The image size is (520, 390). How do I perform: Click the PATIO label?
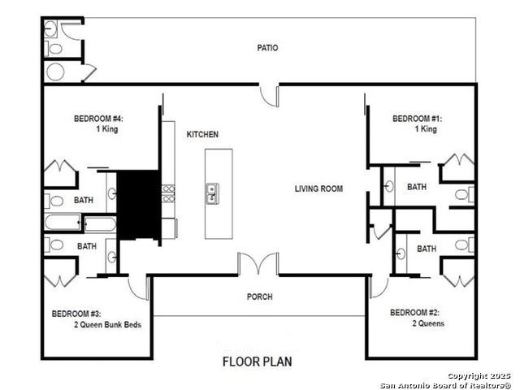[267, 48]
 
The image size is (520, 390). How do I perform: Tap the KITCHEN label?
[202, 134]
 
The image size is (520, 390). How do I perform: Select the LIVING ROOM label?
[318, 188]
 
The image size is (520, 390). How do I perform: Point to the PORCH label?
[260, 297]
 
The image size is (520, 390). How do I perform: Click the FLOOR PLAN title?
[258, 362]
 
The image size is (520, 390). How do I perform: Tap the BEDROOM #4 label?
[98, 119]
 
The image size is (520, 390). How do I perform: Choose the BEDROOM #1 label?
[417, 119]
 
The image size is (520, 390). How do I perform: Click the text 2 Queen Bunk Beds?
[108, 324]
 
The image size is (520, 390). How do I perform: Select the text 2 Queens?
[428, 323]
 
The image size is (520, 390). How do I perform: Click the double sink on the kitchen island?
[212, 193]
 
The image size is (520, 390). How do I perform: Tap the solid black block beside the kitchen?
[139, 205]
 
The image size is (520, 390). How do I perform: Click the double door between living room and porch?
[258, 263]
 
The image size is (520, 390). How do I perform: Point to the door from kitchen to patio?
[269, 97]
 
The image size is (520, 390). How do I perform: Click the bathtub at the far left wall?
[63, 222]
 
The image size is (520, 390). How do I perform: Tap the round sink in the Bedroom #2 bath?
[401, 254]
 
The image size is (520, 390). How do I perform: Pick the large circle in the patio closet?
[55, 71]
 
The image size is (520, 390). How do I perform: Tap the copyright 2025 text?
[479, 375]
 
